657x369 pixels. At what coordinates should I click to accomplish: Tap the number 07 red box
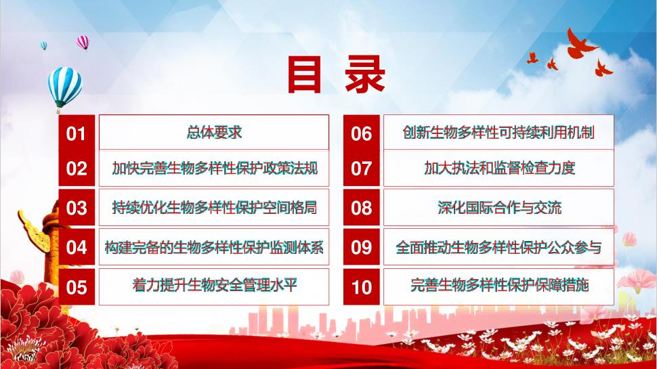pos(361,169)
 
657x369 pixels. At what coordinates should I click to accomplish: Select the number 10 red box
pos(361,287)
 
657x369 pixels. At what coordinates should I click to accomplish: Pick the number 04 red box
pos(77,247)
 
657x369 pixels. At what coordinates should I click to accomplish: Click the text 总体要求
pos(214,132)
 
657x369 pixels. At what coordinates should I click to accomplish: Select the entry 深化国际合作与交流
pos(499,208)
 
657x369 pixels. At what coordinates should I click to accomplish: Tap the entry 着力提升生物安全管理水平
pos(215,286)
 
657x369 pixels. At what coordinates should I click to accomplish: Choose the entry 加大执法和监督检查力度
pos(499,169)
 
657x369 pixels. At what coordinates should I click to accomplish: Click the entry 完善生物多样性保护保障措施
pos(499,286)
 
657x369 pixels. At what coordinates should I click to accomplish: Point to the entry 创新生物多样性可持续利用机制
pos(499,132)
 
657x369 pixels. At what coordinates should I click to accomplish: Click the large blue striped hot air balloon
pos(64,89)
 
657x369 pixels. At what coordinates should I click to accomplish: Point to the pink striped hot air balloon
pos(83,42)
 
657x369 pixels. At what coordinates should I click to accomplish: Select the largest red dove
pos(580,43)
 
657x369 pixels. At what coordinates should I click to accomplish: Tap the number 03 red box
pos(77,208)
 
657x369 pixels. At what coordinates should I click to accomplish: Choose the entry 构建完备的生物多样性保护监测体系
pos(214,247)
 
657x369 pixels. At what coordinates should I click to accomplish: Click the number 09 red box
pos(361,247)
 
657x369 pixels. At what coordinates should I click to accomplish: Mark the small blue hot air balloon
pos(43,45)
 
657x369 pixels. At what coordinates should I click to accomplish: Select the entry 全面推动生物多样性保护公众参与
pos(499,247)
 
